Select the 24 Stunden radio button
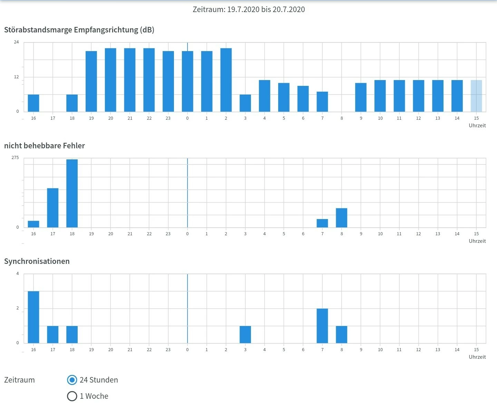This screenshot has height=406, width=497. pyautogui.click(x=72, y=380)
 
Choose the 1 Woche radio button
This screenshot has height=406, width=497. pyautogui.click(x=72, y=396)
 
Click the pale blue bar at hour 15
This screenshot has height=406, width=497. pyautogui.click(x=476, y=96)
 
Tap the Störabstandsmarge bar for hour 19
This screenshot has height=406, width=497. pyautogui.click(x=91, y=81)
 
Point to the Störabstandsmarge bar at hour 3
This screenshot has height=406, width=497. pyautogui.click(x=245, y=103)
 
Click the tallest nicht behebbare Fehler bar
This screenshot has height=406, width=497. pyautogui.click(x=72, y=193)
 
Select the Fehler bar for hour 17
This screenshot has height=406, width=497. pyautogui.click(x=53, y=208)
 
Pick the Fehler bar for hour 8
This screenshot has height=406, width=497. pyautogui.click(x=342, y=218)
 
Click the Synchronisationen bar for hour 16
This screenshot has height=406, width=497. pyautogui.click(x=33, y=317)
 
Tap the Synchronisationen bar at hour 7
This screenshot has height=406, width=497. pyautogui.click(x=322, y=326)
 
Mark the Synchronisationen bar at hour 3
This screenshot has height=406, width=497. pyautogui.click(x=245, y=334)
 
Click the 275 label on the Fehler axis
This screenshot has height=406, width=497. pyautogui.click(x=16, y=158)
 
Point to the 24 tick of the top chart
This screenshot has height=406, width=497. pyautogui.click(x=17, y=42)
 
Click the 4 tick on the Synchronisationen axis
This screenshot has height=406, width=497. pyautogui.click(x=18, y=274)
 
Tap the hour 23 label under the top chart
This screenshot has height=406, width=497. pyautogui.click(x=168, y=118)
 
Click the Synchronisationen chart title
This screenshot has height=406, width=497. pyautogui.click(x=37, y=261)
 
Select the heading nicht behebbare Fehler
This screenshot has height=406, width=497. pyautogui.click(x=45, y=146)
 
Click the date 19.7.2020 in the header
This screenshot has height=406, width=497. pyautogui.click(x=243, y=9)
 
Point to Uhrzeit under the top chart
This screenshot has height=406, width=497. pyautogui.click(x=477, y=126)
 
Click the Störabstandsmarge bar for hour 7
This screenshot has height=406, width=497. pyautogui.click(x=322, y=102)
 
